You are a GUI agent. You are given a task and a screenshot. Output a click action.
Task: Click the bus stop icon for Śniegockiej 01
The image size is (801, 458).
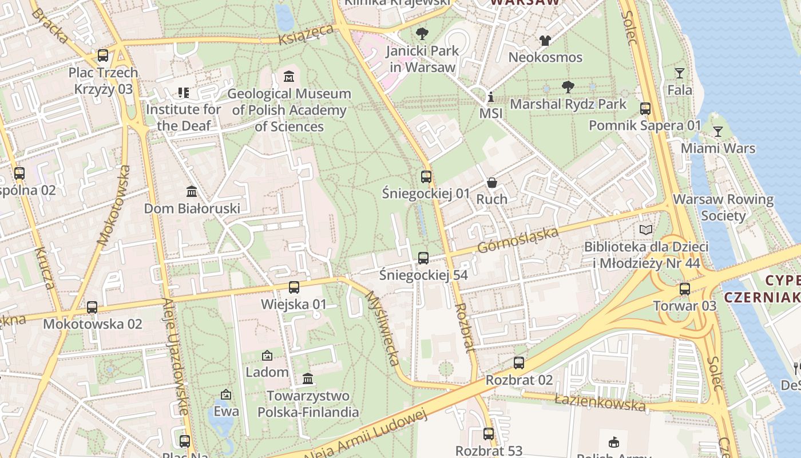point(426,176)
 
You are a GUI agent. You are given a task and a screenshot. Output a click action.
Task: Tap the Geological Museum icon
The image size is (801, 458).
point(289,76)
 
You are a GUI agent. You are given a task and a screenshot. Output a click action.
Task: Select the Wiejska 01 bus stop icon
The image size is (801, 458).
point(294,287)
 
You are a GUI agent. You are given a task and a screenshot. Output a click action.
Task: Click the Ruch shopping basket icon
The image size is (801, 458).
point(492,183)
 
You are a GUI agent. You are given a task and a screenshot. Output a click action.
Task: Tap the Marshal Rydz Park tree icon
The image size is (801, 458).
point(568,87)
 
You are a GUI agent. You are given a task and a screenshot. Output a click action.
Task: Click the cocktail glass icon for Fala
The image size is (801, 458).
point(679,73)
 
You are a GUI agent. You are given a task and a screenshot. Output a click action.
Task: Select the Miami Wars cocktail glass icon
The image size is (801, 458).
point(717,132)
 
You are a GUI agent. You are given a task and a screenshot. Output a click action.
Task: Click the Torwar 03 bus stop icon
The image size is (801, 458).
point(685,289)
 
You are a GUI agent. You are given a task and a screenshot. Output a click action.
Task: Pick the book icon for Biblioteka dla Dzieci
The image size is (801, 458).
point(646,230)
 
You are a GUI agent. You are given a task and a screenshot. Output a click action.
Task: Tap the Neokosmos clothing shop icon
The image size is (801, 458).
point(545,41)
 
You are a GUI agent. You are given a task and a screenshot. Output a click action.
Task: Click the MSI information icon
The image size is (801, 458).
point(490,97)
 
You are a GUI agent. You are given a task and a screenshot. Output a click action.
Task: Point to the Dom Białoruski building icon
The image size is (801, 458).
point(192,191)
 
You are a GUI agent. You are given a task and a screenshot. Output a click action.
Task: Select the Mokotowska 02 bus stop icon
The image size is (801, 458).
point(92,307)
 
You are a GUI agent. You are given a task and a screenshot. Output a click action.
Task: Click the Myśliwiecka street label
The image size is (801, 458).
point(382,328)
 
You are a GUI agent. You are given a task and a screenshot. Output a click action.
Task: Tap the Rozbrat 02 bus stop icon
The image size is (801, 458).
point(519,363)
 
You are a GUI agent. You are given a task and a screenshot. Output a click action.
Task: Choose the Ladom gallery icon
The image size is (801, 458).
point(267,356)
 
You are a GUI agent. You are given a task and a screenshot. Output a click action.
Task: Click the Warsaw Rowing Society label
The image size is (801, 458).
point(723,207)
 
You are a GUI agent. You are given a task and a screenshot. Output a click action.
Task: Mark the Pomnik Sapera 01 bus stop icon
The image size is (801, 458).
point(645,108)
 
